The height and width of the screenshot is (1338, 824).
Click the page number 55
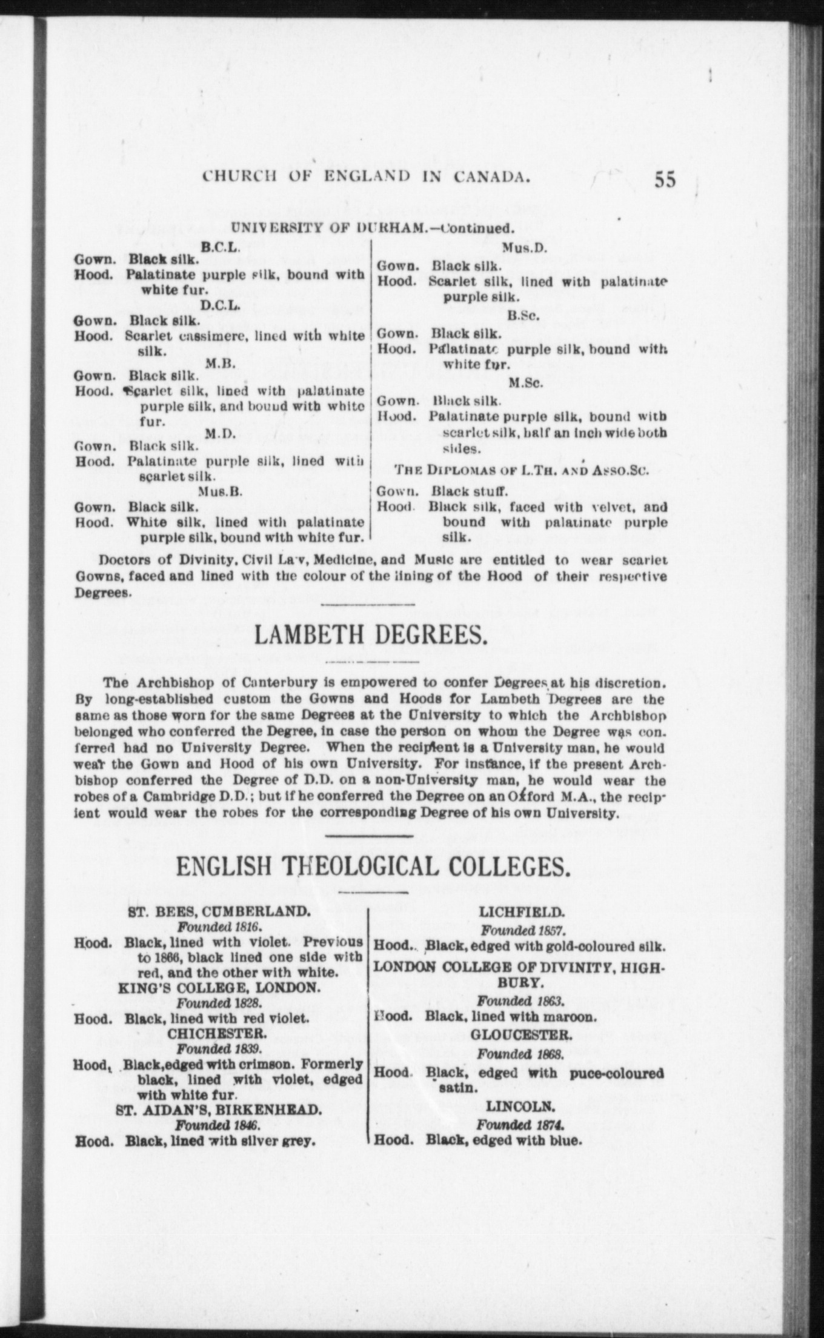point(664,180)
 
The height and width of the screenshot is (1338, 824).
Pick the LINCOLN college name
point(520,1107)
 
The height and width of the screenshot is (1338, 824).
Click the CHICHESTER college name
point(216,1033)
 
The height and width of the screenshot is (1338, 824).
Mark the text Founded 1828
point(218,1002)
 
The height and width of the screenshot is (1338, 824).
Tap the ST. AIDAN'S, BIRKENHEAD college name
point(218,1110)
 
